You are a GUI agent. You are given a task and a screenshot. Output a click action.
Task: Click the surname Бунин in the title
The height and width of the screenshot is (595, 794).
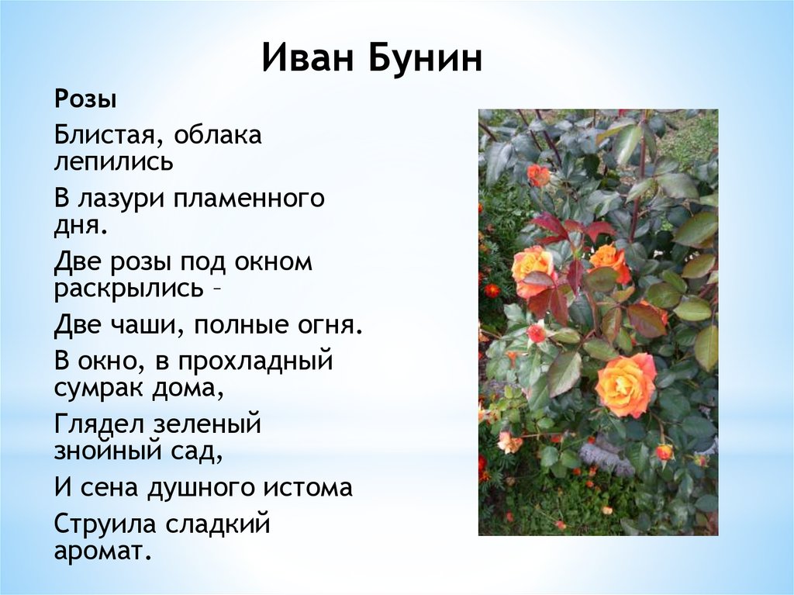[x=425, y=57]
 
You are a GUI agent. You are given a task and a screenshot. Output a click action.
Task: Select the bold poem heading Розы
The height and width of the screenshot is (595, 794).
[x=85, y=100]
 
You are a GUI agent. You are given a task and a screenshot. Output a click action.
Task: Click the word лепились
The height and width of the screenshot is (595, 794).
[x=113, y=161]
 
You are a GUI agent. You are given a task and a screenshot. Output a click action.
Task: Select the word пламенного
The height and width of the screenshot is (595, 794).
[x=249, y=199]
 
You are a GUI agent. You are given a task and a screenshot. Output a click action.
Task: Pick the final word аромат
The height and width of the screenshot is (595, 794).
[x=103, y=551]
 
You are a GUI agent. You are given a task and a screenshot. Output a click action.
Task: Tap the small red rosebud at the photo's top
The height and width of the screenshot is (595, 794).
[x=538, y=175]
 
